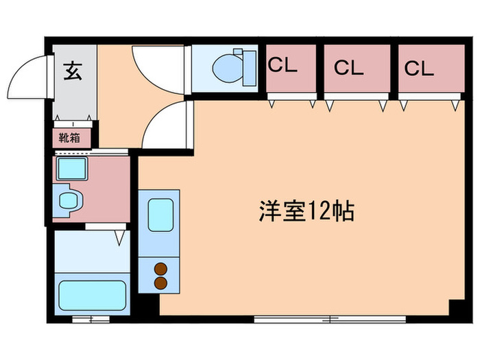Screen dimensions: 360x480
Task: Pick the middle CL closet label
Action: coord(349,68)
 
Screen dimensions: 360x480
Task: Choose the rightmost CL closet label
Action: coord(419,68)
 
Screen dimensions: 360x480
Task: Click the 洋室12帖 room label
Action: coord(307,211)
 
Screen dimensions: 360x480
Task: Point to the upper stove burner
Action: coord(160,269)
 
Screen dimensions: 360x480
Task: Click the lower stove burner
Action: coord(160,282)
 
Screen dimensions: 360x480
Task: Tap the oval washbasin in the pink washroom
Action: coord(69,200)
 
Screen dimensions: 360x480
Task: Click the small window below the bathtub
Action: coord(91,319)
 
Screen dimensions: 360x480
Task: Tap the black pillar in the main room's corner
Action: coord(454,308)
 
